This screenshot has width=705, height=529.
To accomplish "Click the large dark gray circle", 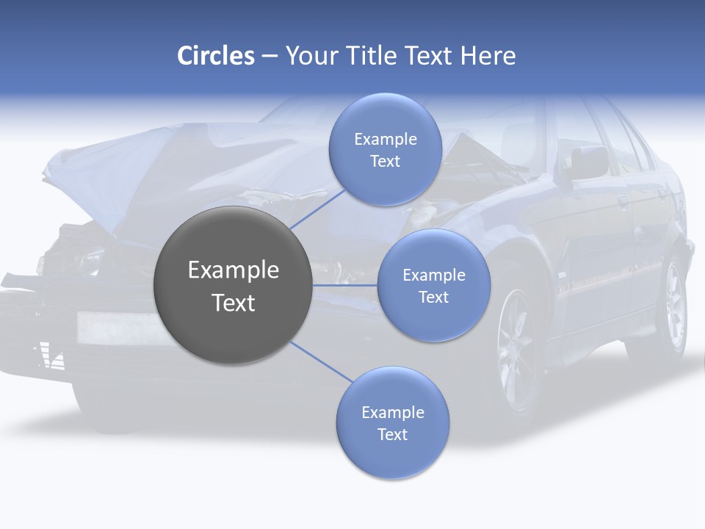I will (x=233, y=285).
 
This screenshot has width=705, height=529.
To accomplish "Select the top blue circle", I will (x=385, y=149).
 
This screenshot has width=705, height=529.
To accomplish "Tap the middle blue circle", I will (x=433, y=285).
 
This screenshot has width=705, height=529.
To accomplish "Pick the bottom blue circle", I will (x=392, y=422).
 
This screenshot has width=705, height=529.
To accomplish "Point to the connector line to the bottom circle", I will (x=322, y=361).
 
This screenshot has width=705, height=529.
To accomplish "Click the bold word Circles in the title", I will (x=216, y=56).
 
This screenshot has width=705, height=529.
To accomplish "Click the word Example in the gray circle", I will (x=233, y=270).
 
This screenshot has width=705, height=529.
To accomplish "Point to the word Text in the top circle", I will (x=385, y=161).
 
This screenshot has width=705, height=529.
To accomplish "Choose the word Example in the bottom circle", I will (x=392, y=412).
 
